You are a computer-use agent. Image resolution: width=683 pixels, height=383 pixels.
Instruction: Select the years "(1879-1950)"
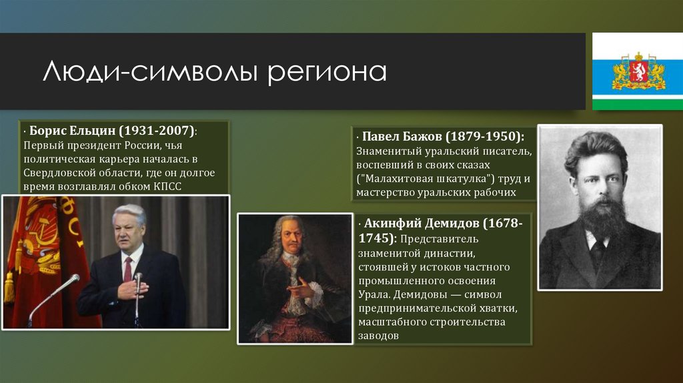(486, 136)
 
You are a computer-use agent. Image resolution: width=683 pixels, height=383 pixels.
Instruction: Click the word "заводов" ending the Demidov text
(378, 336)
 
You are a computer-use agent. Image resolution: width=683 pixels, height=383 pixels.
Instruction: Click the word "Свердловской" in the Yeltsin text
(57, 172)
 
